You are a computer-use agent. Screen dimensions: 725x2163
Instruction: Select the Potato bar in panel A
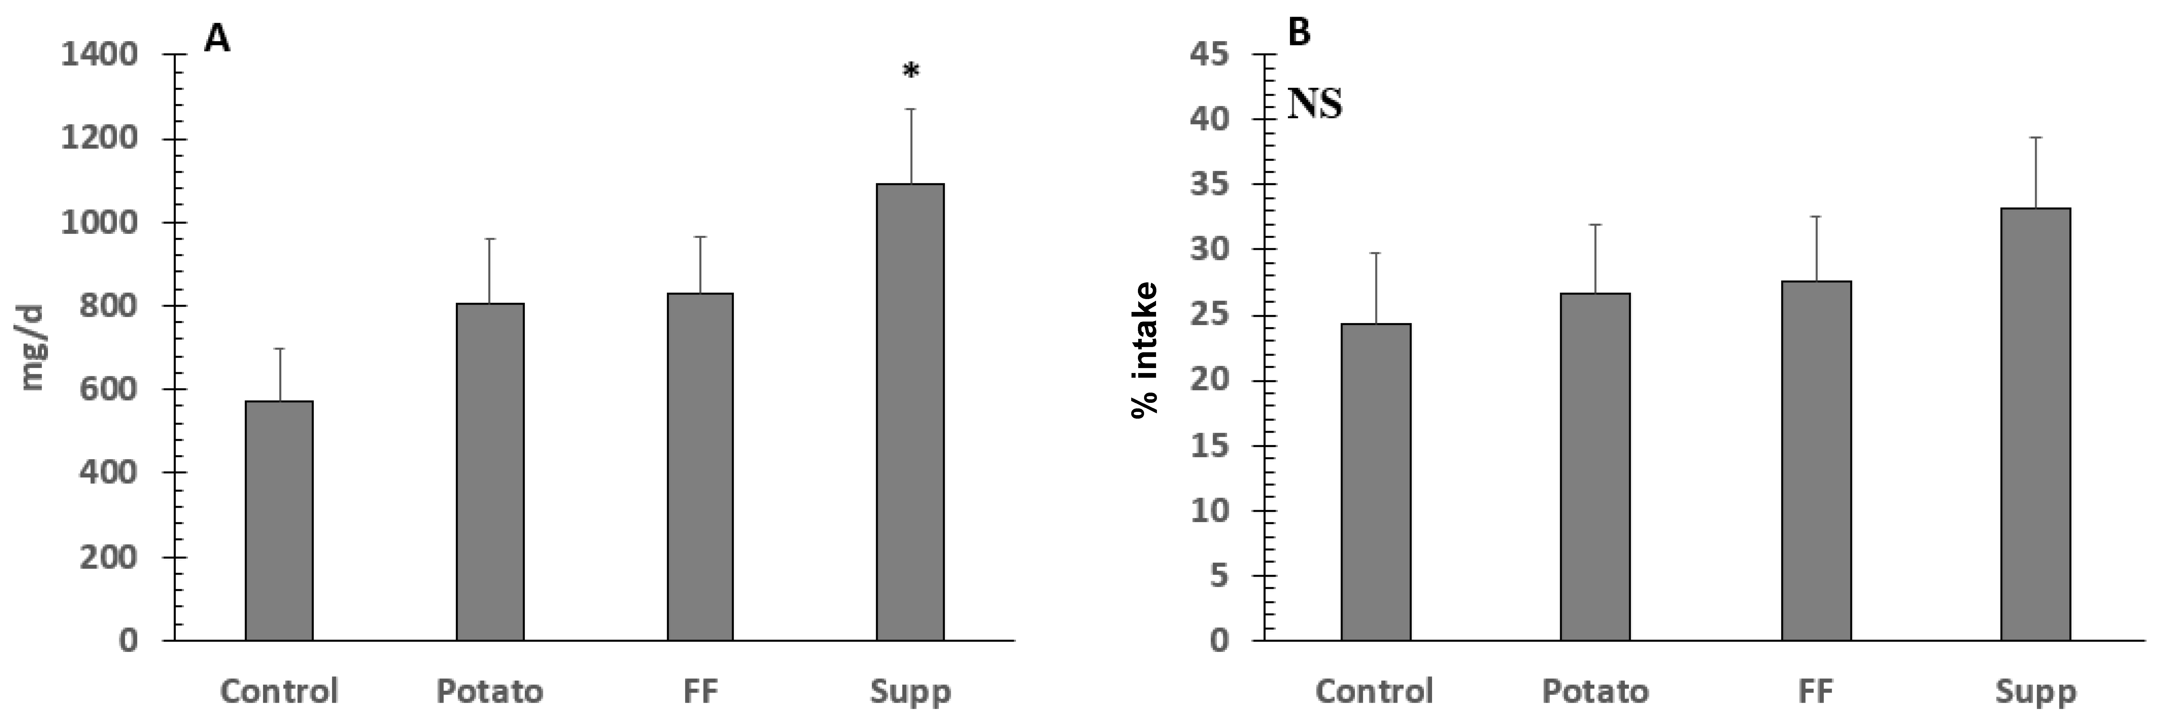click(x=490, y=472)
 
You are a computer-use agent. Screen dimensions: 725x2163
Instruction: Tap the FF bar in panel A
click(x=700, y=467)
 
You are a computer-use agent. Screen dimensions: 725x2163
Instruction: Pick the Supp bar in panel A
click(x=910, y=411)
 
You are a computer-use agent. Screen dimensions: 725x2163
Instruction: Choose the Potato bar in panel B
click(x=1595, y=467)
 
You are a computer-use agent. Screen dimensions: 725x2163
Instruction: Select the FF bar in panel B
click(x=1816, y=461)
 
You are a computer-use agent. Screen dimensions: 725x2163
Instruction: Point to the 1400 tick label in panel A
click(x=99, y=55)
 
